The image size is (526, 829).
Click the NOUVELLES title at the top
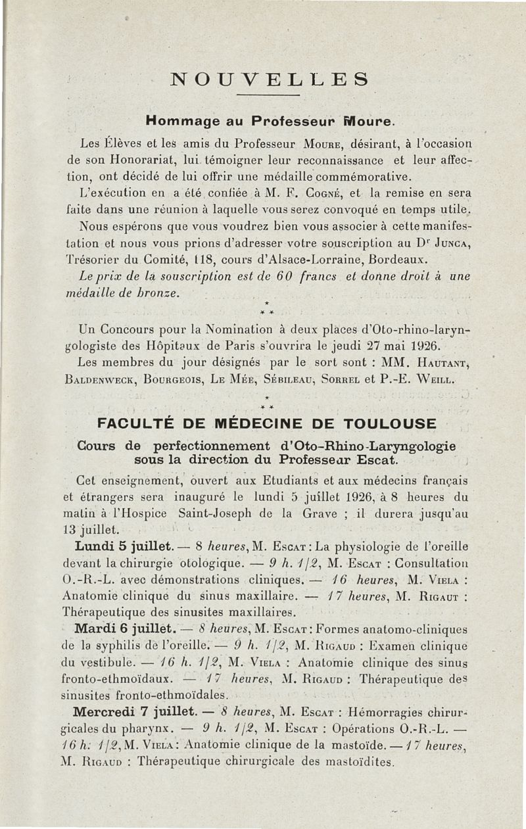tap(268, 80)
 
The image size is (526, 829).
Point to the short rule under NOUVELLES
tap(268, 96)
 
